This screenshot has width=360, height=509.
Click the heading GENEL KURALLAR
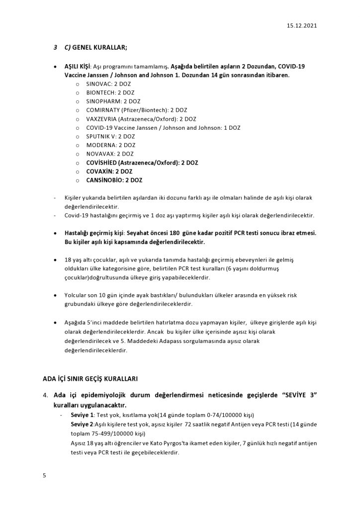99,48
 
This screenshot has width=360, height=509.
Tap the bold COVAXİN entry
106,171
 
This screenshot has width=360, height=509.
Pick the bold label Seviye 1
82,415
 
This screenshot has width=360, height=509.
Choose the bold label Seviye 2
82,424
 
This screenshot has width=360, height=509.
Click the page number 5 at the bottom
44,476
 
